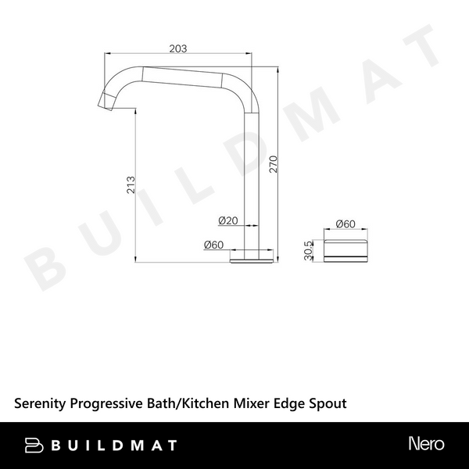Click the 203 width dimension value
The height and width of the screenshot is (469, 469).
[178, 48]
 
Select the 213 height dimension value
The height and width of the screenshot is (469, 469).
[131, 184]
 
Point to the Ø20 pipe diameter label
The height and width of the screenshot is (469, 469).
[228, 221]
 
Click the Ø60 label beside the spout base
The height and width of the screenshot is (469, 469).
[213, 245]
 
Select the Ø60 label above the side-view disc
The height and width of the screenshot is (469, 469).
[345, 224]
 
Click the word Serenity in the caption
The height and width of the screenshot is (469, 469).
[41, 403]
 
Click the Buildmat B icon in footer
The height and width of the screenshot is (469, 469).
[34, 445]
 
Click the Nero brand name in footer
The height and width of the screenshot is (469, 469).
[426, 444]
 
